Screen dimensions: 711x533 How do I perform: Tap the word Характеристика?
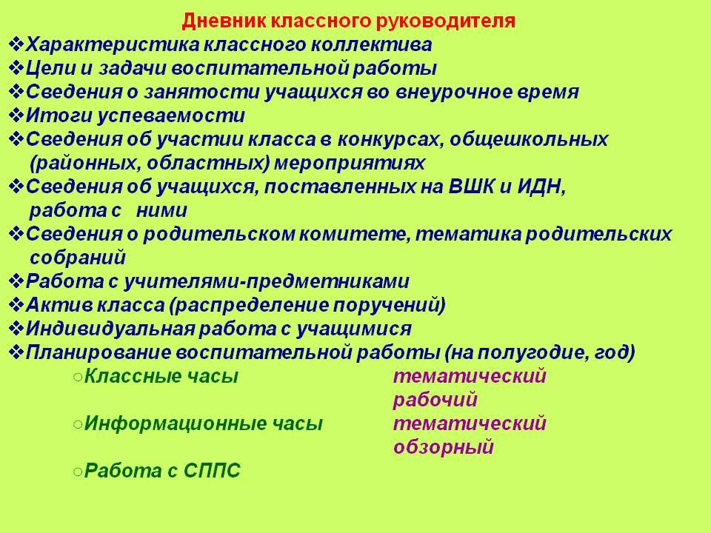coord(113,45)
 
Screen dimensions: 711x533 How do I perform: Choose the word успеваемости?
coord(171,116)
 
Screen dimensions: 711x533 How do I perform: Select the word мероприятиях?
coord(350,163)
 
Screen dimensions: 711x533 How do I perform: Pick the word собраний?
coord(78,258)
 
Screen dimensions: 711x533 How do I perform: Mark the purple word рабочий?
coord(435,400)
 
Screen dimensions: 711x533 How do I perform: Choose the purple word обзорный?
coord(443,447)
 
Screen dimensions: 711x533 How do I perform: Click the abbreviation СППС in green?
coord(212,471)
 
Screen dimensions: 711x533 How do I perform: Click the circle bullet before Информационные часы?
coord(78,424)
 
